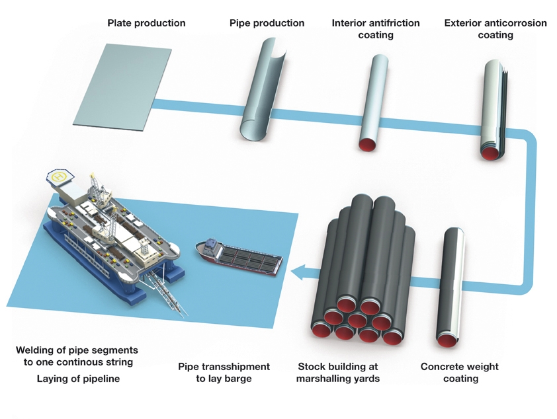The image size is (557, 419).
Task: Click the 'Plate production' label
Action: [x=146, y=23]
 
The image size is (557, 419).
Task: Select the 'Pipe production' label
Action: [x=267, y=23]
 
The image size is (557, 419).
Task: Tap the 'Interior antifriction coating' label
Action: [x=375, y=29]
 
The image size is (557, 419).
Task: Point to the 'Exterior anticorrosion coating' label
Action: [x=495, y=29]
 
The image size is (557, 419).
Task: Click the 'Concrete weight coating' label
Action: [x=460, y=373]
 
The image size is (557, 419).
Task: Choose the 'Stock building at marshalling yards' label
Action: [x=338, y=373]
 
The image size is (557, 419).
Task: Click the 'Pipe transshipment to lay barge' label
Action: [x=224, y=373]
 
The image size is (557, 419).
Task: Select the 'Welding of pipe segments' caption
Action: [x=77, y=350]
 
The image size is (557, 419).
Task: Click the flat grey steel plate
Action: [x=122, y=85]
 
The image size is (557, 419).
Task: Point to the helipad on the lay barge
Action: [x=60, y=176]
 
